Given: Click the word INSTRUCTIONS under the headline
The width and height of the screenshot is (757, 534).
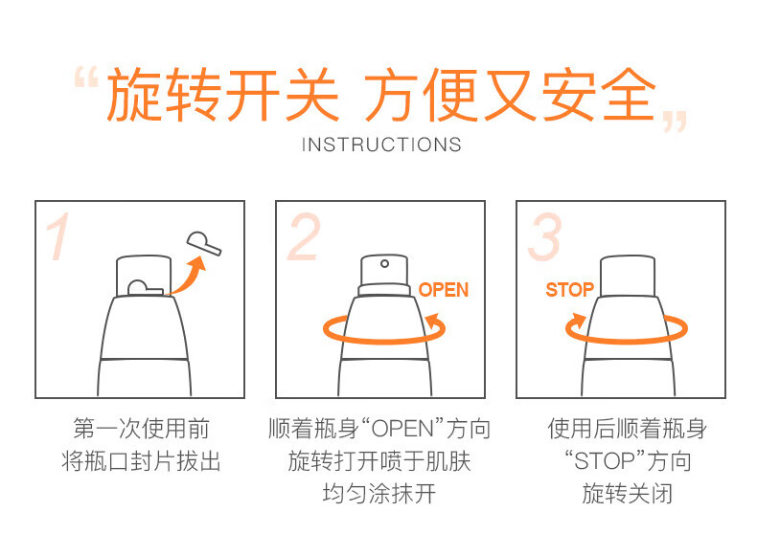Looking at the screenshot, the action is point(381,145).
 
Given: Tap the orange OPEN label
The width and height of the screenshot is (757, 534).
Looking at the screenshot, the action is point(444,290).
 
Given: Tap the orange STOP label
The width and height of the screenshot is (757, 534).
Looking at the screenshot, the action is point(570,290).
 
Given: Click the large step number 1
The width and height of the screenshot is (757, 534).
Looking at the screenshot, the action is point(57,236).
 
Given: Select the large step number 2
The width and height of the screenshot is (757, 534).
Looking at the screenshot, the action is point(304,236).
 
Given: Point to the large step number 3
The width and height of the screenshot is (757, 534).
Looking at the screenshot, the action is point(544,236).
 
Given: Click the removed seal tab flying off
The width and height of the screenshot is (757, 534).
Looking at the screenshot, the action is point(204,243).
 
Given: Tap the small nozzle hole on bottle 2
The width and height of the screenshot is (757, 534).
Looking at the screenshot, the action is point(384,263).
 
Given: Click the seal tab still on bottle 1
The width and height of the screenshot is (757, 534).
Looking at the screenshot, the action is point(145,288).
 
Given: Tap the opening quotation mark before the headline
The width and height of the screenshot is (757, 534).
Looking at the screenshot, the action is point(86,78).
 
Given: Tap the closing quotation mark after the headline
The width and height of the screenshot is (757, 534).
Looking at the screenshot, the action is point(674,122).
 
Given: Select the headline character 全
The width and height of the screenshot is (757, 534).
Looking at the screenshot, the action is point(628,94).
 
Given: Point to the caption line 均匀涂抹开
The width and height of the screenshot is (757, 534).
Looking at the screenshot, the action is point(379,494).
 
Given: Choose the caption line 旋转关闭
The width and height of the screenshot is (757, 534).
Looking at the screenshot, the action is point(627,494).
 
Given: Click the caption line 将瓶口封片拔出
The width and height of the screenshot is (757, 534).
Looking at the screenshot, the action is point(141,461).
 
